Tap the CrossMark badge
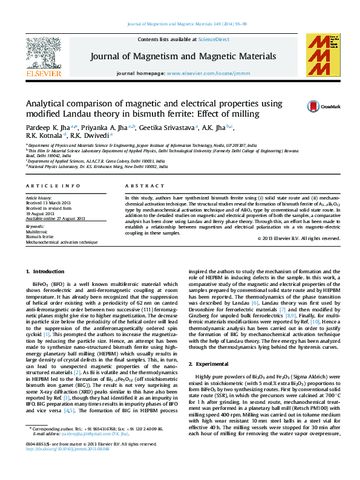click(x=319, y=106)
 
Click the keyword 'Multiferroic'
click(x=36, y=232)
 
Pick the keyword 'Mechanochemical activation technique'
click(x=62, y=241)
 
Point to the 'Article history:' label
click(x=39, y=198)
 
